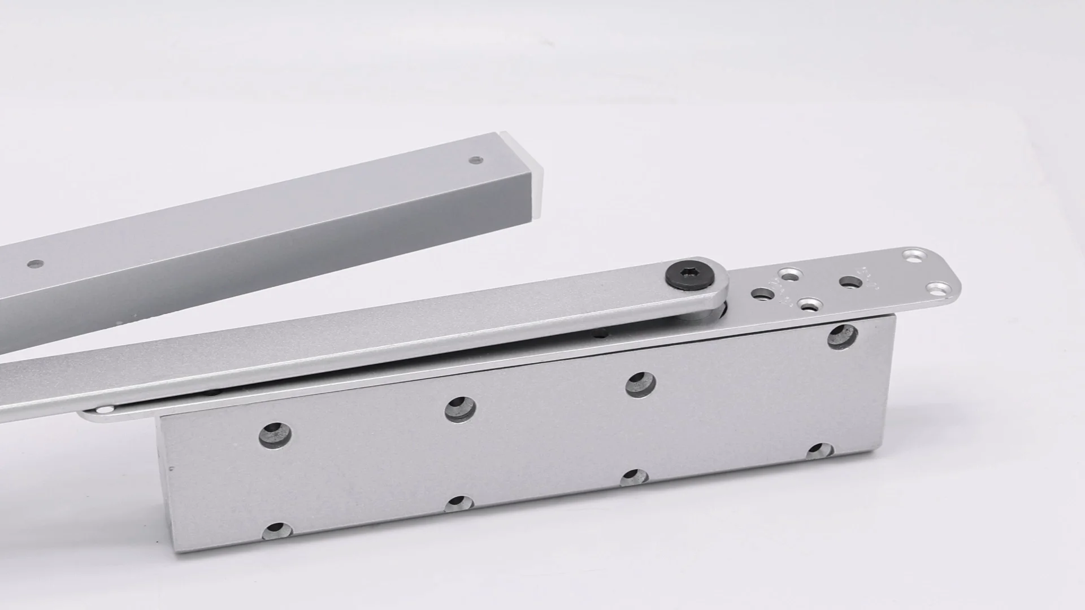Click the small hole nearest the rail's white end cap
(476, 160)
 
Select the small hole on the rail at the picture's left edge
(35, 263)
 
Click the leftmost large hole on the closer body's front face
(275, 434)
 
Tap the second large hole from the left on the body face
(460, 409)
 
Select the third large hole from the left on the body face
(640, 385)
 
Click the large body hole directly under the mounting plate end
(841, 337)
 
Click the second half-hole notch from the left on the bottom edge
(459, 504)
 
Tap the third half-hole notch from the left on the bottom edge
(634, 478)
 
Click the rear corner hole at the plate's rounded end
(910, 256)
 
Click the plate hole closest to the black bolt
(762, 294)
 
